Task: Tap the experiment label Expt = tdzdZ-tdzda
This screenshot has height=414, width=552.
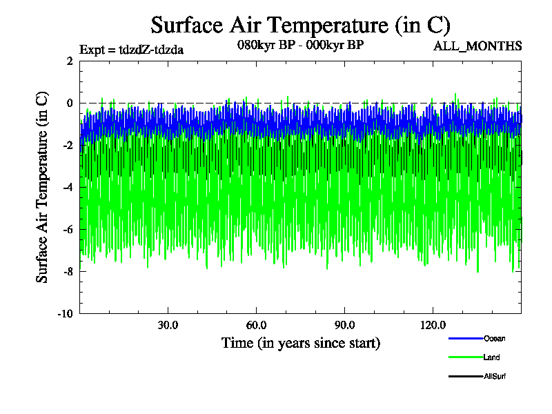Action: tap(132, 49)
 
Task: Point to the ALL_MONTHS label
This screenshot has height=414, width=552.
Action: tap(477, 46)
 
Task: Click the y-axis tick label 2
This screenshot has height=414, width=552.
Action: tap(70, 61)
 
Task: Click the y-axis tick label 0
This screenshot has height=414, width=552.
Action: tap(70, 103)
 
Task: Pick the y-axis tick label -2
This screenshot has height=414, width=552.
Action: tap(68, 145)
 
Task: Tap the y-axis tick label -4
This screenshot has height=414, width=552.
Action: tap(68, 187)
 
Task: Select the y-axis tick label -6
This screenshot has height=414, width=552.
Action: tap(68, 229)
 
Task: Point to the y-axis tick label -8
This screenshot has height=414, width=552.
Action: tap(68, 271)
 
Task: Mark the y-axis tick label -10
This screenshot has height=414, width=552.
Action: tap(66, 313)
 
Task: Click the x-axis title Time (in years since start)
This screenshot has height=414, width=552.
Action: tap(300, 343)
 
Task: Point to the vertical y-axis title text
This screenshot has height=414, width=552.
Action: tap(43, 187)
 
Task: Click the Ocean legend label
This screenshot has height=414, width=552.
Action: tap(494, 339)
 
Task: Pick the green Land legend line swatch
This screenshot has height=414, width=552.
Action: tap(464, 357)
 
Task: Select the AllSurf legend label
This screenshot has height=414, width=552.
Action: tap(495, 376)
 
